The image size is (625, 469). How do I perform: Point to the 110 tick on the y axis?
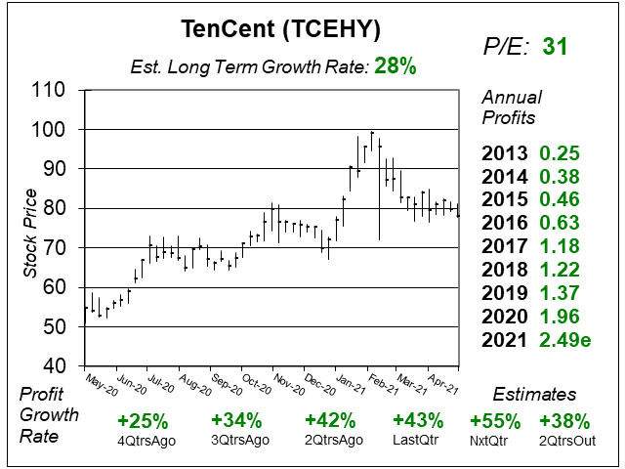point(49,90)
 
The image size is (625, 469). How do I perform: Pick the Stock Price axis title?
point(29,228)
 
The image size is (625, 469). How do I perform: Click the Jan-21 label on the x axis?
point(349,382)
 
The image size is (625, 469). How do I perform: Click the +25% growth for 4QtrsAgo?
point(142,421)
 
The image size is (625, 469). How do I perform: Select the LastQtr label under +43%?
point(416,441)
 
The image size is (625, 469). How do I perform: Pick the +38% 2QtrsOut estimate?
point(563,421)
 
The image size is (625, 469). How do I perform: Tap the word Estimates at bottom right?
point(533,395)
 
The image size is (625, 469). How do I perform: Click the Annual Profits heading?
point(510,108)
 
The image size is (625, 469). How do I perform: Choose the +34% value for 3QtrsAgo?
point(236,421)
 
